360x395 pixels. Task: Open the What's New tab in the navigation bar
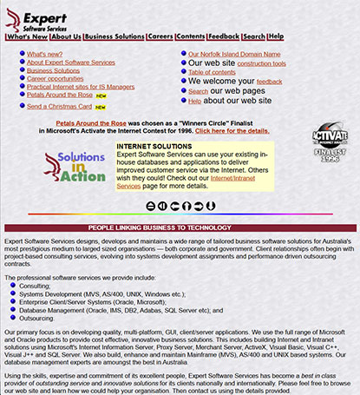27,37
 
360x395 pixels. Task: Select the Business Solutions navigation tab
115,37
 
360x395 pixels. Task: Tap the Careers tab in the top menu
160,37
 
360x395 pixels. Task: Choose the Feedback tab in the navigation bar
224,37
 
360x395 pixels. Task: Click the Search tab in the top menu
254,37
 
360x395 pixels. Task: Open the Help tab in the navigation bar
276,37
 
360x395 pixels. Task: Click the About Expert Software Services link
70,63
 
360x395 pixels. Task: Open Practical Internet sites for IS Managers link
81,87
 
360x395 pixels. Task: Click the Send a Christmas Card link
60,107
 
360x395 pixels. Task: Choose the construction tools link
261,64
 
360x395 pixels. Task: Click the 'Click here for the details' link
232,130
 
